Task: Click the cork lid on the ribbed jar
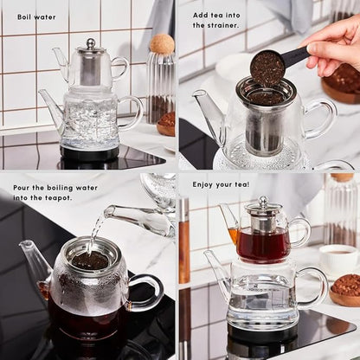pyautogui.click(x=161, y=42)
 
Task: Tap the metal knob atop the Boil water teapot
pyautogui.click(x=90, y=42)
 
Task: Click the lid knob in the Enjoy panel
pyautogui.click(x=262, y=201)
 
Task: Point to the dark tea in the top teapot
pyautogui.click(x=263, y=244)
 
